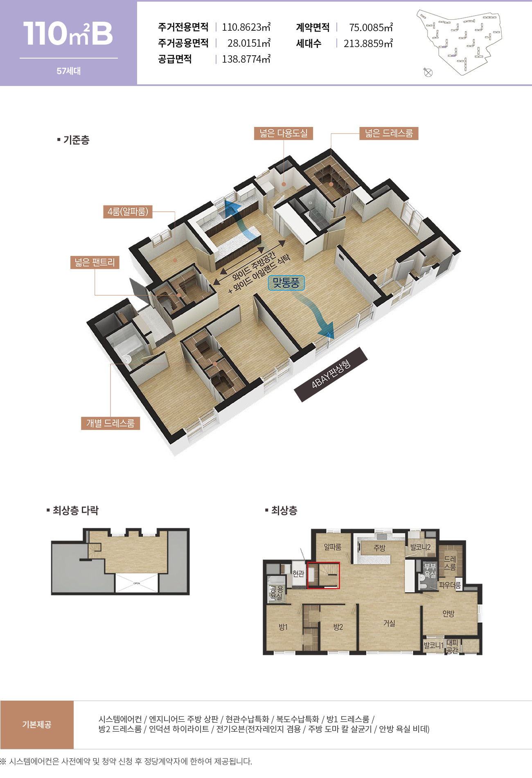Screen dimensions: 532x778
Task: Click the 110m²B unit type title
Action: (68, 33)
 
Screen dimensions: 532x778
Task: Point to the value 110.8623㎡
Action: (246, 27)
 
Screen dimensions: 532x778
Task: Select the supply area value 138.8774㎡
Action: (246, 59)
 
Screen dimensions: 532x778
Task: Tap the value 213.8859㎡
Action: (368, 43)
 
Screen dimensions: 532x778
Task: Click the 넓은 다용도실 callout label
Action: (283, 133)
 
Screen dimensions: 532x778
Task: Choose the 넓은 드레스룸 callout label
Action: (389, 133)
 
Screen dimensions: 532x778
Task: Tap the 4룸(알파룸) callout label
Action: (128, 212)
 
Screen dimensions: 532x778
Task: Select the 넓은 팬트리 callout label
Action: (95, 262)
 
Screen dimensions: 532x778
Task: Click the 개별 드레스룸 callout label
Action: (110, 423)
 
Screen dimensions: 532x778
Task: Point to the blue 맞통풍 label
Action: (286, 283)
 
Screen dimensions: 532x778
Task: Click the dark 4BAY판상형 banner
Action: (331, 374)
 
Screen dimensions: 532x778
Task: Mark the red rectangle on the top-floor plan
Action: (323, 575)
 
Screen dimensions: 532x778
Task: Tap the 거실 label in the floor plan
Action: (389, 623)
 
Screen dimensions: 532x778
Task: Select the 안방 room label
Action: (449, 613)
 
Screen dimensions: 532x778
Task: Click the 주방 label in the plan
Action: (379, 548)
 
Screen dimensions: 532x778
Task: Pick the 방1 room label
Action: (283, 627)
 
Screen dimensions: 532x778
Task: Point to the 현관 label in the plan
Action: (298, 574)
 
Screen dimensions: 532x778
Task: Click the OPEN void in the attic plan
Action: (137, 583)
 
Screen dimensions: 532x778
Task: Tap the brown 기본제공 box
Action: (37, 724)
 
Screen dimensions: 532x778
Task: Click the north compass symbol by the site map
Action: (428, 73)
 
